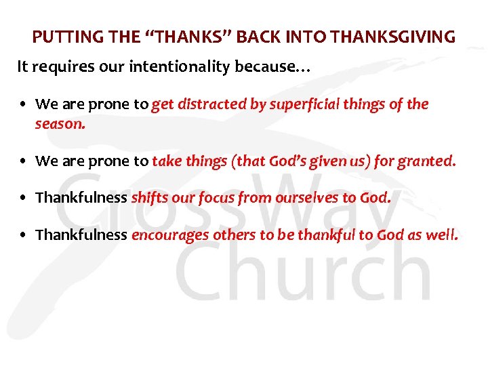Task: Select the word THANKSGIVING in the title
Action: [405, 37]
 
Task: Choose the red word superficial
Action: [302, 104]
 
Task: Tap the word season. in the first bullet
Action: [60, 124]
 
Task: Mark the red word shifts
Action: [146, 198]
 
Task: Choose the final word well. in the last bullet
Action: [444, 235]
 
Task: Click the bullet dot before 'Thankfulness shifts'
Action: [24, 199]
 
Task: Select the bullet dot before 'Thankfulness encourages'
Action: [24, 236]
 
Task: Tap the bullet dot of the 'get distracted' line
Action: [24, 105]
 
